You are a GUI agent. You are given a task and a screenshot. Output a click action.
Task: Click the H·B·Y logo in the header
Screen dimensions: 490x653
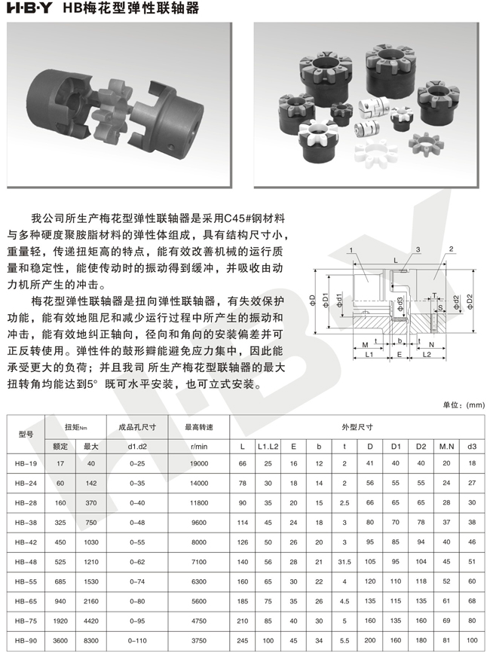pos(29,8)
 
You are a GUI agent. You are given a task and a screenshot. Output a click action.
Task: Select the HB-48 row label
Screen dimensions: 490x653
pos(26,562)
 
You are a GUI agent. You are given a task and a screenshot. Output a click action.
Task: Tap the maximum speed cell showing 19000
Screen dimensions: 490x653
pos(199,463)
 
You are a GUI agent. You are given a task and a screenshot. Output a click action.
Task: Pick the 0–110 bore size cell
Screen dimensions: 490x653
pos(137,640)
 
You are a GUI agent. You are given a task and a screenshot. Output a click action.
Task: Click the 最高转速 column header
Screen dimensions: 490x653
pos(199,427)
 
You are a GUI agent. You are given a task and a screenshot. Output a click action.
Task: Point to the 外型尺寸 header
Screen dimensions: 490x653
pos(357,427)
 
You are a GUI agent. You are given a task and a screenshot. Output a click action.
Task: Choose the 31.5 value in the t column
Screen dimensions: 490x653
pos(345,562)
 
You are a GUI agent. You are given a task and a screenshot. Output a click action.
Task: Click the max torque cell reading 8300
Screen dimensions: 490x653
pos(90,640)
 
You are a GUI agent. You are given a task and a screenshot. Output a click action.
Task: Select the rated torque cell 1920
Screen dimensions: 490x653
pos(60,621)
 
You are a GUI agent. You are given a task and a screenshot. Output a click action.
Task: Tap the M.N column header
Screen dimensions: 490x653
pos(446,447)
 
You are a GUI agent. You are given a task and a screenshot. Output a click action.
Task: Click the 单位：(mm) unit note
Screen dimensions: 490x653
pos(464,404)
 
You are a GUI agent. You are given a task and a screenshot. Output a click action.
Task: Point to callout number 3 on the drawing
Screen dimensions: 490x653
pos(418,250)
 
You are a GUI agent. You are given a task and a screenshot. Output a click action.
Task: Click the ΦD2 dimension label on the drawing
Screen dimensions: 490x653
pos(470,301)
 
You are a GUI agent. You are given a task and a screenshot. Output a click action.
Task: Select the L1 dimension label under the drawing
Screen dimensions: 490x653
pos(369,355)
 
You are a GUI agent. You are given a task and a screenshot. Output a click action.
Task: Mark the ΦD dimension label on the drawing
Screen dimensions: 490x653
pos(313,300)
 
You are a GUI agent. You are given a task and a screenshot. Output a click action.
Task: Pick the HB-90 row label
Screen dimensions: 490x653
pos(26,640)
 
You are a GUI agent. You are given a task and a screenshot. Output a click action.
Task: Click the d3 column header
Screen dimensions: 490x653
pos(472,447)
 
